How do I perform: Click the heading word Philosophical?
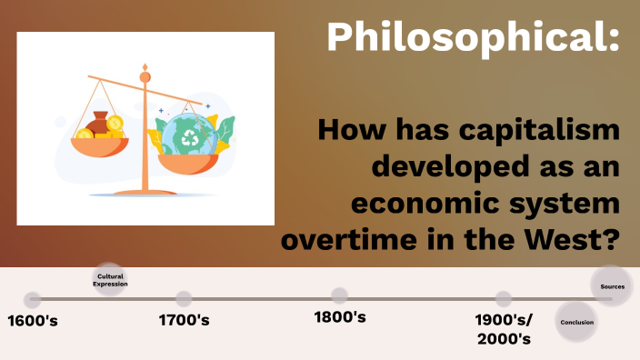(473, 37)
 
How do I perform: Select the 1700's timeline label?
(184, 320)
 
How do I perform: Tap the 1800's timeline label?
(339, 317)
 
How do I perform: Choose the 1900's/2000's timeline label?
(504, 328)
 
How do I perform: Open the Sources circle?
(612, 286)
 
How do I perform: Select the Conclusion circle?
(577, 322)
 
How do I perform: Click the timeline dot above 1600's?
(33, 299)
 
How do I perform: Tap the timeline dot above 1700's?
(184, 299)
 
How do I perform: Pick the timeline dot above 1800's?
(339, 295)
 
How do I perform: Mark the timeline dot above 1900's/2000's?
(504, 299)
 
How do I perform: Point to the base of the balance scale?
(145, 192)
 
